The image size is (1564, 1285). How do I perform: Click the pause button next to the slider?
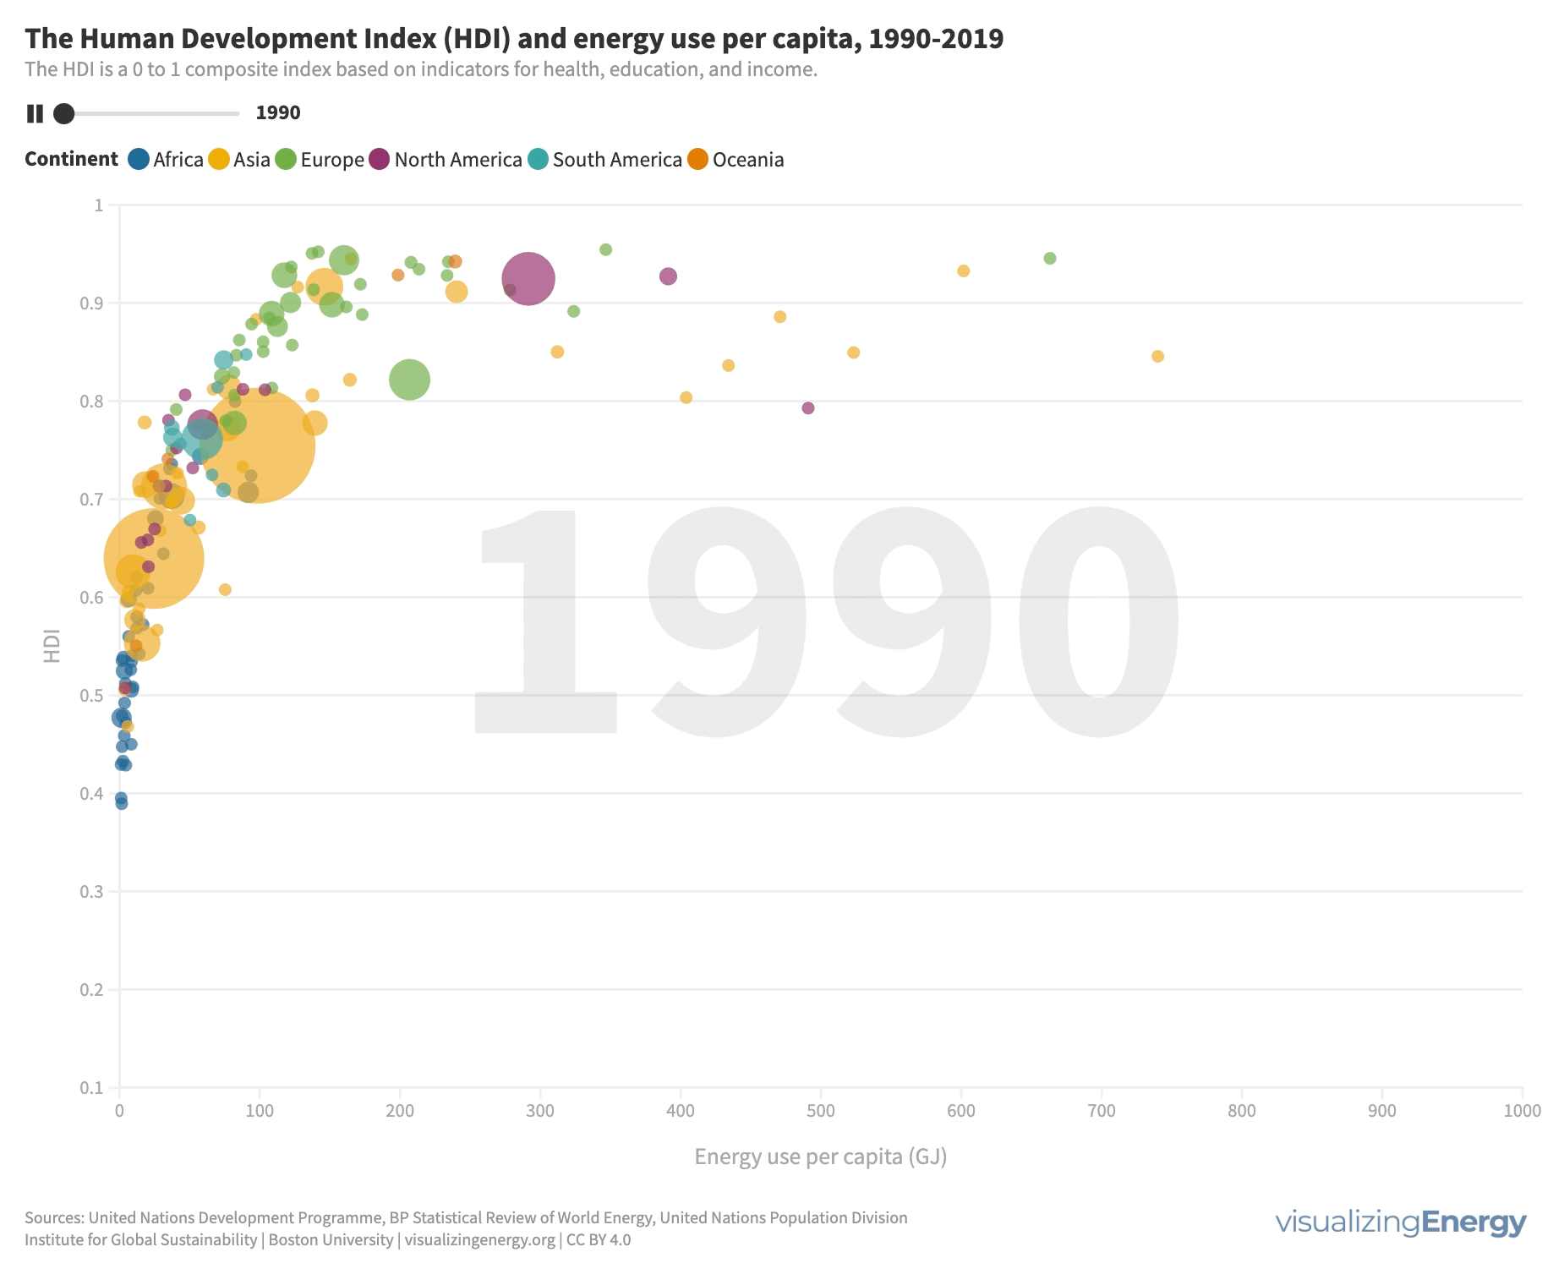35,113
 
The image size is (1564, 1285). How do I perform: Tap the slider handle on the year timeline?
63,113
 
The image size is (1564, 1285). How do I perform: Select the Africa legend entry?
166,160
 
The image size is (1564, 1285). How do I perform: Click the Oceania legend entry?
736,160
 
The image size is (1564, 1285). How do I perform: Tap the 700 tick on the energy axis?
1102,1111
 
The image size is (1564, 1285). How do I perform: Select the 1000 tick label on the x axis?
1523,1111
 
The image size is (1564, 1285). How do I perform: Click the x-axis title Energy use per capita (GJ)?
820,1156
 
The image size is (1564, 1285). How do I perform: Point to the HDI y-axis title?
52,645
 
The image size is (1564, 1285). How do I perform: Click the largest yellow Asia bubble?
258,446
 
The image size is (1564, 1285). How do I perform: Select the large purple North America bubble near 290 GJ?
528,278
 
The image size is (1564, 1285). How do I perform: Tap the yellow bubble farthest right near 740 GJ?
1157,357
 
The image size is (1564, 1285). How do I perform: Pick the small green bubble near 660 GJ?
1049,259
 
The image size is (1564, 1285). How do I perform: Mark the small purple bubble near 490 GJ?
807,408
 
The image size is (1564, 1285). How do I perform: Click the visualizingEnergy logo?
1400,1222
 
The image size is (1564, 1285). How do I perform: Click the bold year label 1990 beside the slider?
278,113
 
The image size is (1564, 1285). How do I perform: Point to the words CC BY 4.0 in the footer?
599,1240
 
